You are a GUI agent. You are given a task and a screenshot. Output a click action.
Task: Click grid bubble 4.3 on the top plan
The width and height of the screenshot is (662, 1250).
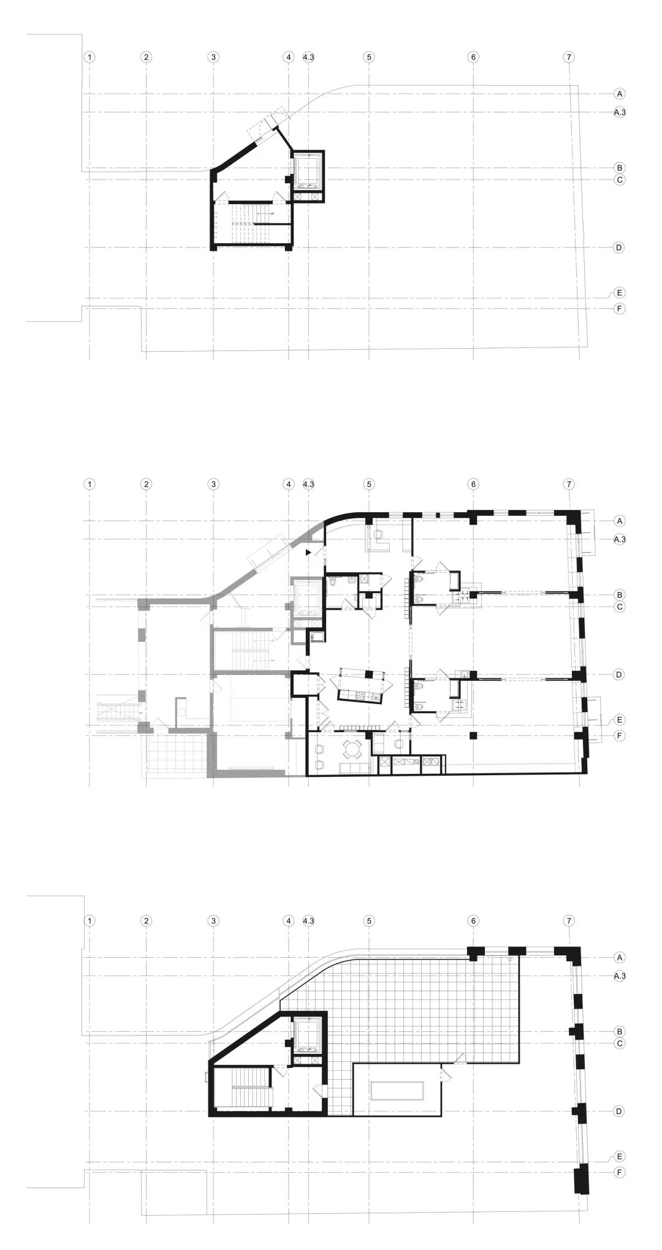(308, 57)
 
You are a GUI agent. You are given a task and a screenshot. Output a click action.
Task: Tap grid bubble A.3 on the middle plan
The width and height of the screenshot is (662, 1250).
(620, 539)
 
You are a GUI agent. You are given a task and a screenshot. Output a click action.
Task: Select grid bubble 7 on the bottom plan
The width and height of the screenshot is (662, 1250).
(569, 920)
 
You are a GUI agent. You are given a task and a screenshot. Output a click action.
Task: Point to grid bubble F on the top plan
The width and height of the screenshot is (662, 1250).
(620, 309)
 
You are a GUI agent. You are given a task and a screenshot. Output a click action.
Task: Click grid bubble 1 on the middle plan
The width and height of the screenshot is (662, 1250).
(89, 484)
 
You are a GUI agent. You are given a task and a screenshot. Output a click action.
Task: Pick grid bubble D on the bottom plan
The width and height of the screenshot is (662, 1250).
(620, 1111)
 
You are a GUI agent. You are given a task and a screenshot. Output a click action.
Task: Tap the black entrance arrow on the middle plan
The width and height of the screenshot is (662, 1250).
(309, 553)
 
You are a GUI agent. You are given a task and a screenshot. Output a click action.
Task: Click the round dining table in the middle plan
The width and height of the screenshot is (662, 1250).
(352, 749)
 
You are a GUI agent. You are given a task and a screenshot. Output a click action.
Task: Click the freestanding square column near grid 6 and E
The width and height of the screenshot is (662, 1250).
(473, 735)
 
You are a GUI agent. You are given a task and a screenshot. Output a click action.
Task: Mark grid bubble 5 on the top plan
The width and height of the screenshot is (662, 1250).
(369, 57)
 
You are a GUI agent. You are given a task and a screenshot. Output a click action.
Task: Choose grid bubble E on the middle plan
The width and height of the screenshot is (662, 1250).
(620, 719)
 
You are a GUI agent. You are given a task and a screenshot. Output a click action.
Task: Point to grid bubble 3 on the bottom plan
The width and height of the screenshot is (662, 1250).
(213, 920)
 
